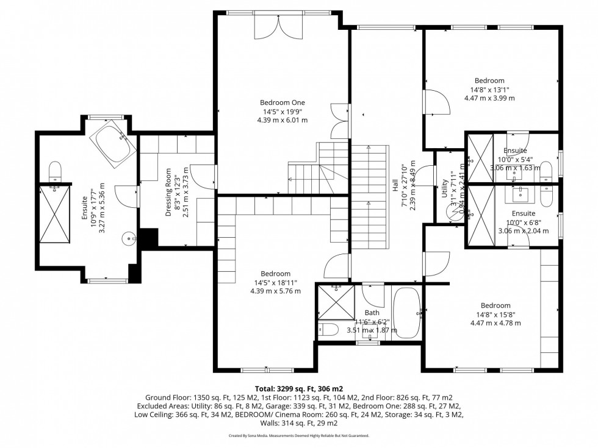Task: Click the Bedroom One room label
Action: tap(282, 102)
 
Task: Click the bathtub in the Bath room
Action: tap(405, 313)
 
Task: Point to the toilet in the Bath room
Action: tap(329, 330)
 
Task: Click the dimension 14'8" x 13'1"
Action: tap(489, 89)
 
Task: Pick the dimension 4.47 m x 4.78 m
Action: tap(495, 323)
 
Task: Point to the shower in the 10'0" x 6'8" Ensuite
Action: tap(479, 216)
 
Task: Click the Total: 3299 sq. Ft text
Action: tap(298, 388)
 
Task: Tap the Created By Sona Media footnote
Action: tap(298, 436)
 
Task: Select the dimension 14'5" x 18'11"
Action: tap(275, 282)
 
